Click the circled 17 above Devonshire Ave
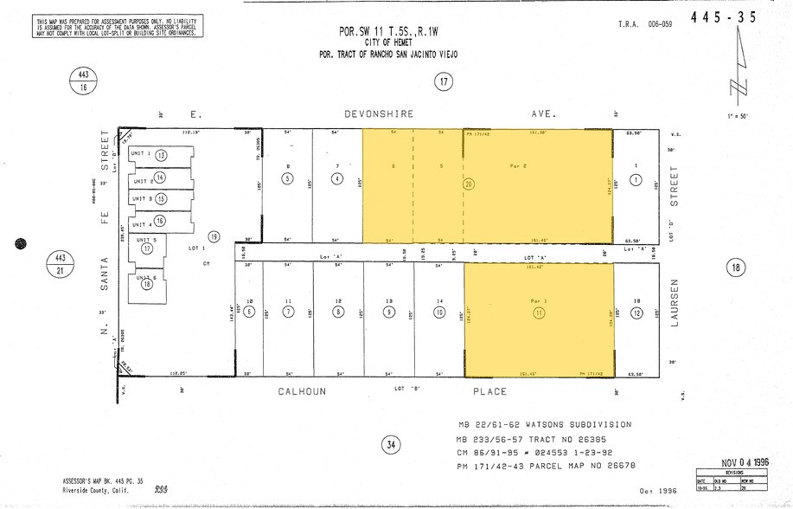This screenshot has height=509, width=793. click(x=444, y=82)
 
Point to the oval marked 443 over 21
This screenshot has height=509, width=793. click(x=60, y=262)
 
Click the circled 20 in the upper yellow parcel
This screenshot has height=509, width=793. click(x=469, y=184)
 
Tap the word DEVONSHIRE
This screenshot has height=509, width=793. click(x=379, y=113)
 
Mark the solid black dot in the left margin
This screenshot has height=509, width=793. click(x=21, y=246)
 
